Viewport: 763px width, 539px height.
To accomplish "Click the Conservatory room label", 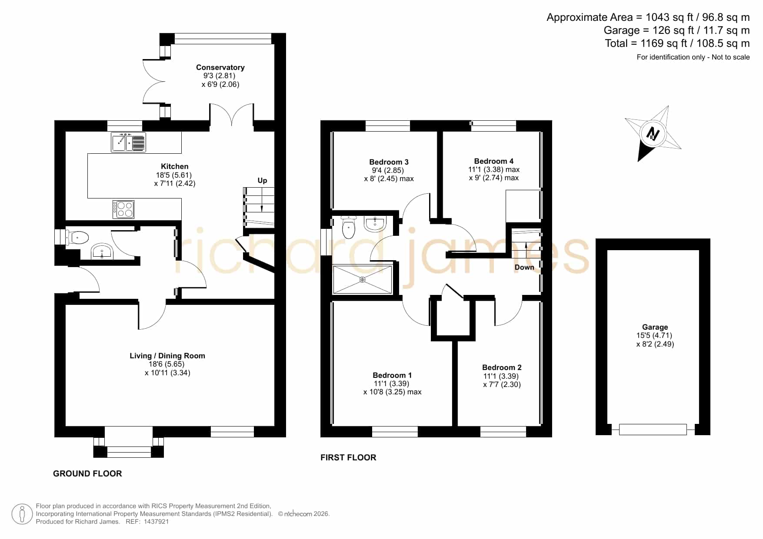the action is pyautogui.click(x=220, y=67).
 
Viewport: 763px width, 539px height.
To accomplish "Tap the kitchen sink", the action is pyautogui.click(x=129, y=142).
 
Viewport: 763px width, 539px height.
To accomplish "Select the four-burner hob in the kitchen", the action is pyautogui.click(x=123, y=209).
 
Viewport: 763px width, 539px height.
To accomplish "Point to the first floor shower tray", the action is pyautogui.click(x=363, y=280).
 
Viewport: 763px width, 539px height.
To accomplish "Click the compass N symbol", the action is pyautogui.click(x=653, y=133).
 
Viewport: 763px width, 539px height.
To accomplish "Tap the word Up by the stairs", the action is pyautogui.click(x=262, y=181).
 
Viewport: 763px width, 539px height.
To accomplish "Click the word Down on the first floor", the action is pyautogui.click(x=524, y=267).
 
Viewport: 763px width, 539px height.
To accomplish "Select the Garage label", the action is pyautogui.click(x=655, y=327).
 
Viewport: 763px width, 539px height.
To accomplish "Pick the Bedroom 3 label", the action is pyautogui.click(x=389, y=162).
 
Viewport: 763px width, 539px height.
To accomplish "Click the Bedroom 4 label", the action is pyautogui.click(x=493, y=161).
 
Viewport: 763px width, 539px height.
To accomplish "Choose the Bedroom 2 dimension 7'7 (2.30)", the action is pyautogui.click(x=502, y=384).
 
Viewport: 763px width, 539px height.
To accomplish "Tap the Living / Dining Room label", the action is pyautogui.click(x=167, y=356).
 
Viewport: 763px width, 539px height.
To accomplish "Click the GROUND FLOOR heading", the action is pyautogui.click(x=87, y=473).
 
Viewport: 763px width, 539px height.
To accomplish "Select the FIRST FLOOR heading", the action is pyautogui.click(x=348, y=457).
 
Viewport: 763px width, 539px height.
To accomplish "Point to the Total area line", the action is pyautogui.click(x=677, y=43).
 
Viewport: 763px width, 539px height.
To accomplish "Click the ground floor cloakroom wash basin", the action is pyautogui.click(x=103, y=251).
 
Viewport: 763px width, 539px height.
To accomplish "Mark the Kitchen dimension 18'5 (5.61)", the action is pyautogui.click(x=174, y=175).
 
